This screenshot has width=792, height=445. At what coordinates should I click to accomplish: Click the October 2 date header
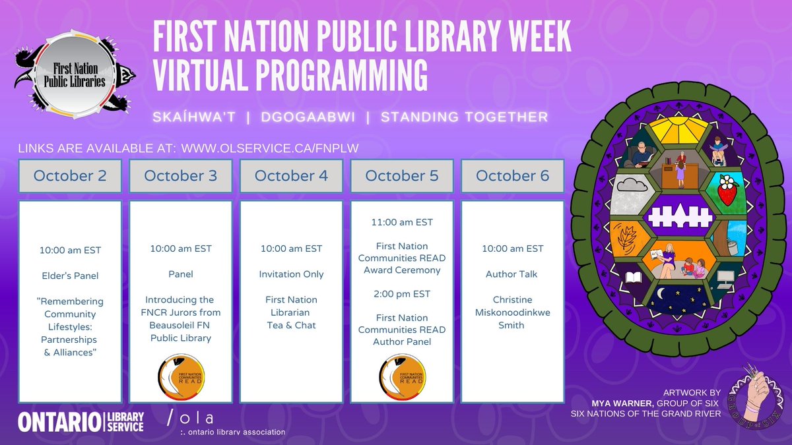tap(69, 176)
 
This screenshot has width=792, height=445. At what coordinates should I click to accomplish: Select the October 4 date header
tap(291, 176)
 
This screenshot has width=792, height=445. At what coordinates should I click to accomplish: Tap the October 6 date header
tap(512, 176)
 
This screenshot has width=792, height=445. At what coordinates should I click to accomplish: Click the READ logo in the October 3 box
tap(181, 377)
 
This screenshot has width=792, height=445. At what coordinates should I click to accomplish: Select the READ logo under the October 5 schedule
tap(402, 377)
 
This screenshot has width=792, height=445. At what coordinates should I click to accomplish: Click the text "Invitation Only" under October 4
tap(291, 274)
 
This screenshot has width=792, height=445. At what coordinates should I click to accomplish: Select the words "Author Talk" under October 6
tap(512, 274)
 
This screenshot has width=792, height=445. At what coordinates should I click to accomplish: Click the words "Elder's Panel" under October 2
tap(69, 276)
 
